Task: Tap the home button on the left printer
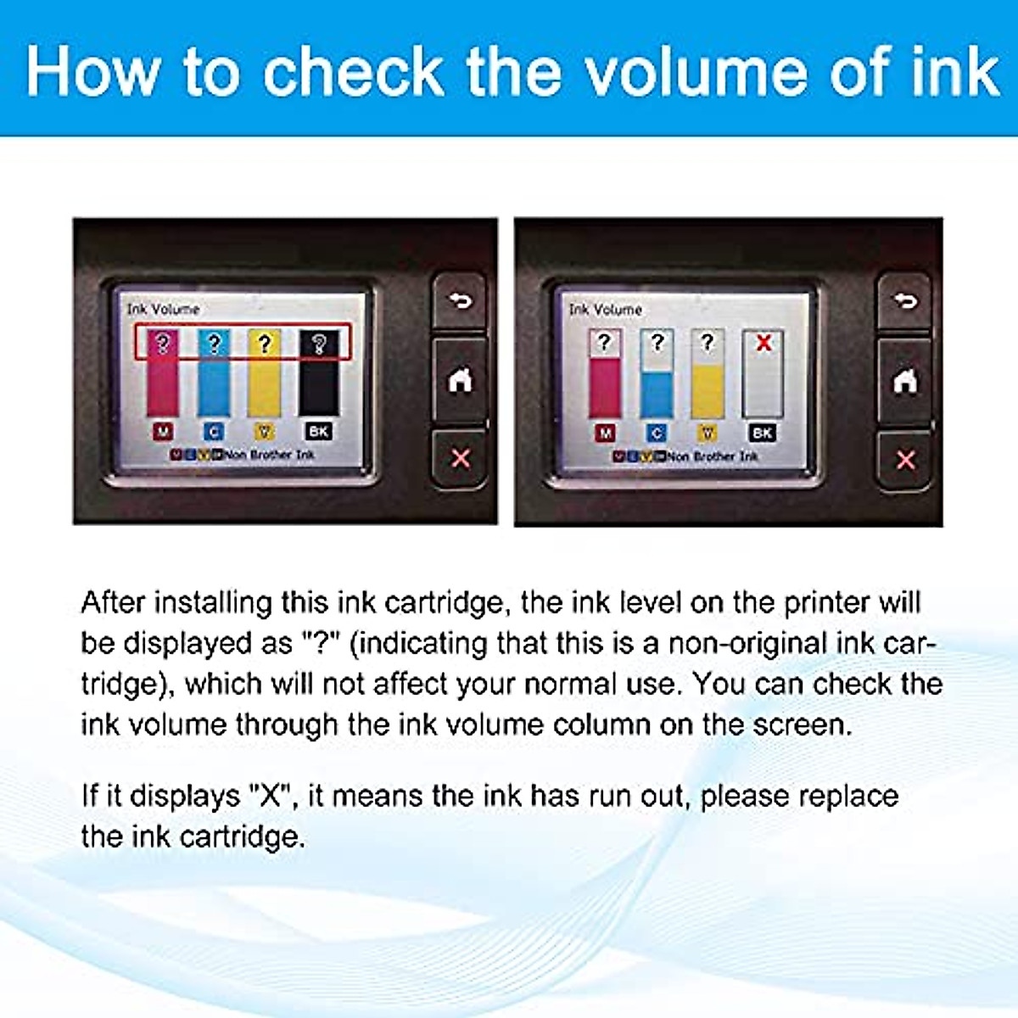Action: click(460, 381)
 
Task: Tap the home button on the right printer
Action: click(905, 381)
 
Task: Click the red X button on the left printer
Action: click(460, 459)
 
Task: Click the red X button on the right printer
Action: click(905, 460)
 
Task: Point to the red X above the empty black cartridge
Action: click(763, 343)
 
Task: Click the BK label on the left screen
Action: click(318, 432)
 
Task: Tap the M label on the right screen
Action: click(605, 433)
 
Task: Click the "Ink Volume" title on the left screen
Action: click(163, 309)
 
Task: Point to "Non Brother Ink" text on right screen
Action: click(713, 456)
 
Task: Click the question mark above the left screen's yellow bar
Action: click(265, 344)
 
